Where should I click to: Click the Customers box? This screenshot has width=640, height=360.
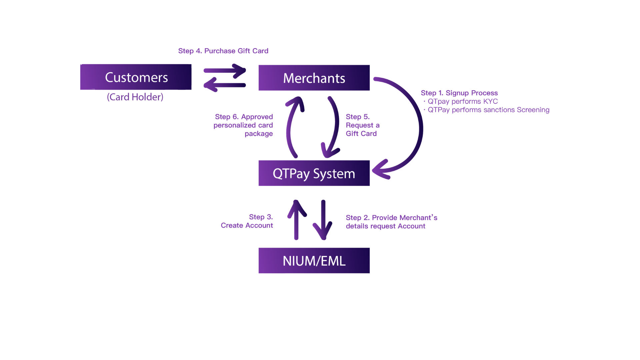pyautogui.click(x=136, y=77)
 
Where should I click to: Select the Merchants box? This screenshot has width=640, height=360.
pyautogui.click(x=314, y=78)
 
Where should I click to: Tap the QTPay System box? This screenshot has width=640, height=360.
pyautogui.click(x=314, y=173)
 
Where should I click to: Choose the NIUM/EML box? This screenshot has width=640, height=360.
pyautogui.click(x=314, y=261)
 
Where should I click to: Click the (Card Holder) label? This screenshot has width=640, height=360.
pyautogui.click(x=135, y=97)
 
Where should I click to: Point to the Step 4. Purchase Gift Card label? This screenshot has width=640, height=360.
pyautogui.click(x=223, y=51)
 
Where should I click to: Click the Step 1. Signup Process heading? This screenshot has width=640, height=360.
pyautogui.click(x=459, y=93)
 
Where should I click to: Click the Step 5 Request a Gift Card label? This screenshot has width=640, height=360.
pyautogui.click(x=362, y=125)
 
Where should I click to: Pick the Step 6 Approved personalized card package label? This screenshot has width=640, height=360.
pyautogui.click(x=244, y=125)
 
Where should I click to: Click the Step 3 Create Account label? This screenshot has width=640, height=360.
pyautogui.click(x=247, y=221)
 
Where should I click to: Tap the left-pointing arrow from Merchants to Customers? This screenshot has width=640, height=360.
pyautogui.click(x=225, y=85)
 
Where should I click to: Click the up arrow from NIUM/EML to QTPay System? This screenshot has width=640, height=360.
pyautogui.click(x=296, y=220)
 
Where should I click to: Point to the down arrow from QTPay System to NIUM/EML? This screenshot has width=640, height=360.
pyautogui.click(x=323, y=220)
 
